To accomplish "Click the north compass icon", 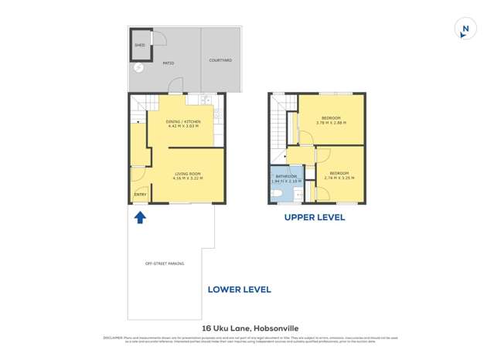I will coord(465,29).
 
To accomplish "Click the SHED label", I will coord(140,46).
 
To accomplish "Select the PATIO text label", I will coord(168,63).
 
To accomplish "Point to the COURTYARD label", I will coord(220,60).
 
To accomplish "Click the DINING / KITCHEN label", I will coord(183,123).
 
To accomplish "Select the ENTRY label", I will coord(140,194).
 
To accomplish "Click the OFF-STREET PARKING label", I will coord(165,264).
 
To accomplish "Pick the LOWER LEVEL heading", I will coord(239,290).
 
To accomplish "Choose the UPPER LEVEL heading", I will coord(315,218).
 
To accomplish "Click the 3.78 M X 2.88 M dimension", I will coord(331,123).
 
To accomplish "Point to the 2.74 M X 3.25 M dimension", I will coord(339,177).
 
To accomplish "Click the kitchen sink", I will coord(205,100).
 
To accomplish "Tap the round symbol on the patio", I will coord(139,67).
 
